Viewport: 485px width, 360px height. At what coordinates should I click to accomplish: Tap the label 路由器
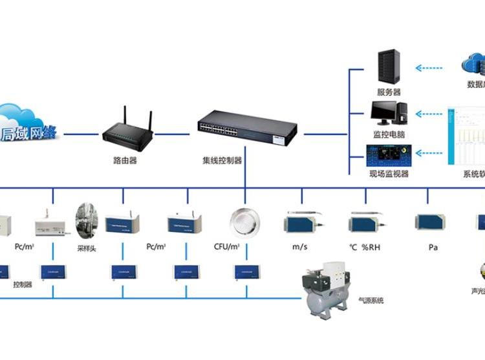pyautogui.click(x=124, y=161)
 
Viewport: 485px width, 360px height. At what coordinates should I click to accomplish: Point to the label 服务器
pyautogui.click(x=389, y=92)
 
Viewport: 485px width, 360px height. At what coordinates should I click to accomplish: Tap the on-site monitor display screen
pyautogui.click(x=388, y=156)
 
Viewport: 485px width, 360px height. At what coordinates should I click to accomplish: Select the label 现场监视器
pyautogui.click(x=389, y=174)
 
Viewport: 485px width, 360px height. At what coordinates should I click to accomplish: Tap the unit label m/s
pyautogui.click(x=299, y=246)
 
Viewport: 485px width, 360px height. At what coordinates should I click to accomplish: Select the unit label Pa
pyautogui.click(x=433, y=246)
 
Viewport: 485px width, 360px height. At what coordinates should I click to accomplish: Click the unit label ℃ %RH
pyautogui.click(x=368, y=246)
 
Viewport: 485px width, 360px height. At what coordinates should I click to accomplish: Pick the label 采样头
pyautogui.click(x=86, y=248)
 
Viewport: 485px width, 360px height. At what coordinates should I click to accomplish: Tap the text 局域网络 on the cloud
pyautogui.click(x=30, y=134)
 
